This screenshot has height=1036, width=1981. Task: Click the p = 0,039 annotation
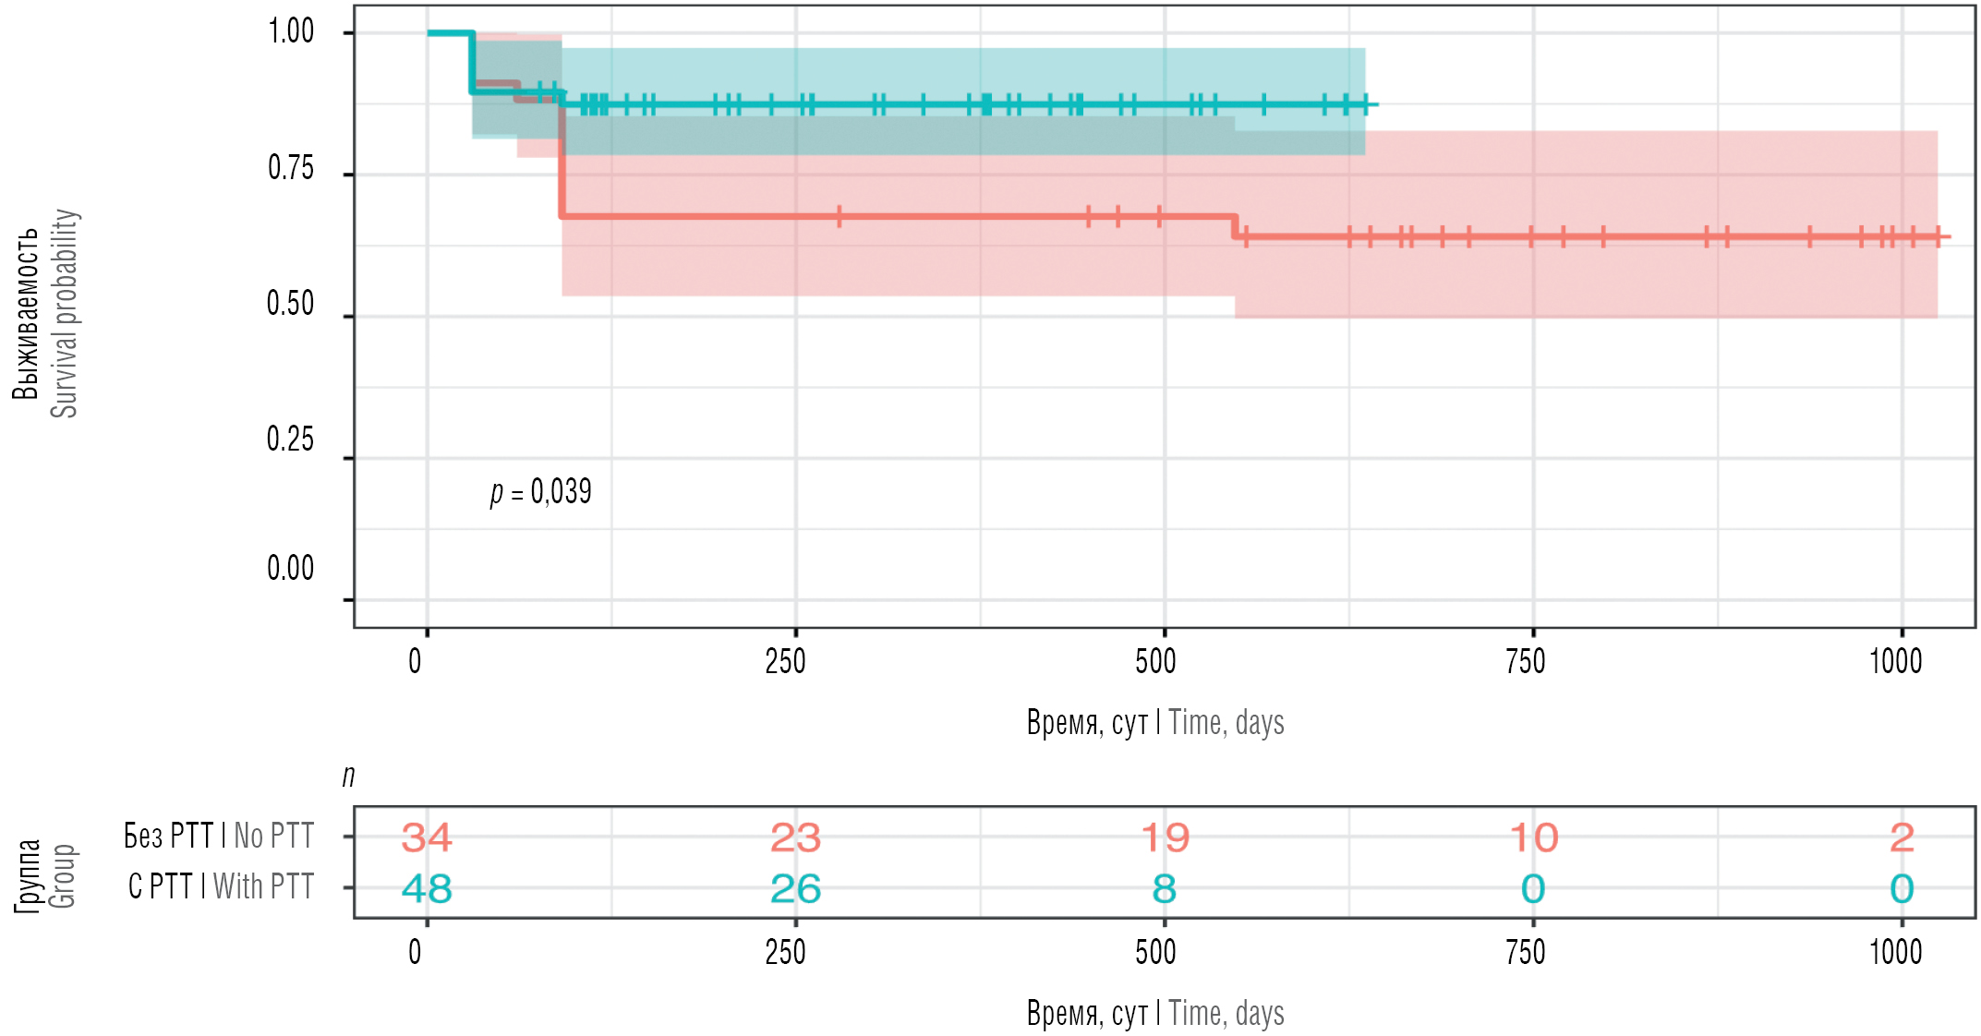pyautogui.click(x=541, y=492)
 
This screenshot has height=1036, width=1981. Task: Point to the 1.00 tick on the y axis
pyautogui.click(x=291, y=32)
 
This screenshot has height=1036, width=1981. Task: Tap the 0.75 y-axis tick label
pyautogui.click(x=291, y=169)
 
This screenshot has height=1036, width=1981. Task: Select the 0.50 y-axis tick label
pyautogui.click(x=291, y=304)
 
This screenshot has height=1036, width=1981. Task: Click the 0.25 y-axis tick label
pyautogui.click(x=291, y=440)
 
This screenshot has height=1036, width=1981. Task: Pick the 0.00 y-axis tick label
pyautogui.click(x=291, y=569)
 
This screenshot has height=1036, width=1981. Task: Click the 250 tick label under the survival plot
pyautogui.click(x=786, y=662)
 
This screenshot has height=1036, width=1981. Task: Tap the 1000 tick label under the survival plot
pyautogui.click(x=1895, y=662)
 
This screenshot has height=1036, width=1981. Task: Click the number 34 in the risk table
pyautogui.click(x=427, y=837)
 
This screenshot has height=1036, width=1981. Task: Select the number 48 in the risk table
pyautogui.click(x=427, y=889)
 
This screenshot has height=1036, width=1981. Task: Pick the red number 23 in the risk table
pyautogui.click(x=795, y=837)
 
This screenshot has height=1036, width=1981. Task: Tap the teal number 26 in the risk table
pyautogui.click(x=795, y=889)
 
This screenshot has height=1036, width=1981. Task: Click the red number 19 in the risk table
pyautogui.click(x=1165, y=837)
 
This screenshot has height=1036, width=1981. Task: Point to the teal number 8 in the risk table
pyautogui.click(x=1164, y=889)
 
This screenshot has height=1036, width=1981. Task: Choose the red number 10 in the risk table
pyautogui.click(x=1533, y=837)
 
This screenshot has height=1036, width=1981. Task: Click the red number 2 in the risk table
pyautogui.click(x=1902, y=837)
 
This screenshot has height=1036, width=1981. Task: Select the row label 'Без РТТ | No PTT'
pyautogui.click(x=219, y=836)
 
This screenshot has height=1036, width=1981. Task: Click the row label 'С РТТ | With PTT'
pyautogui.click(x=221, y=886)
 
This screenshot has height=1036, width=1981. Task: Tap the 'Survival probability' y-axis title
pyautogui.click(x=65, y=313)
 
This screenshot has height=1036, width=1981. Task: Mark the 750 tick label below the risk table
pyautogui.click(x=1525, y=953)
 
